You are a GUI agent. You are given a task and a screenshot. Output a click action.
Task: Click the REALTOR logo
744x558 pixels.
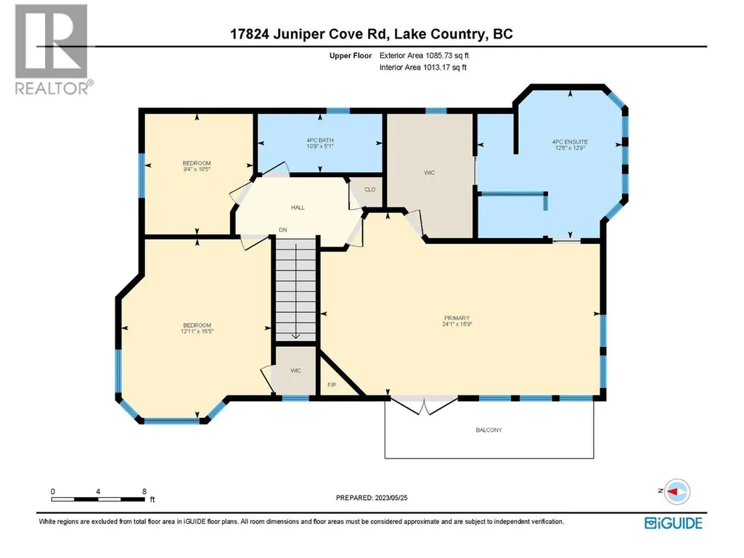[x=52, y=49]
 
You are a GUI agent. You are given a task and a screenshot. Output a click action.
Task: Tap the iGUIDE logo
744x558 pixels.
[x=674, y=523]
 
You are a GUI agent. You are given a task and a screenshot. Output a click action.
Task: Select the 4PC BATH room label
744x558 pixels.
[x=320, y=141]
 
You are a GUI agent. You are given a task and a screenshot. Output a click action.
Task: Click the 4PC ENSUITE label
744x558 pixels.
[x=570, y=142]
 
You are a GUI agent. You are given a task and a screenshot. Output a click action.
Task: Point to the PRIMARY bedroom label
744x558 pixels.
[x=457, y=318]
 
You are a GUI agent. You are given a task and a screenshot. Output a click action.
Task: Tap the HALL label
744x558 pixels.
[x=298, y=208]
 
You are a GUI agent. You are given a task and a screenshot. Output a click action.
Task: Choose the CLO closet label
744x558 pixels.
[x=370, y=189]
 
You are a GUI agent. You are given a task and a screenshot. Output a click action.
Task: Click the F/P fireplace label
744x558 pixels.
[x=332, y=385]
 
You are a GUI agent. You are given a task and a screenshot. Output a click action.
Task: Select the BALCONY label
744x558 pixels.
[x=488, y=430]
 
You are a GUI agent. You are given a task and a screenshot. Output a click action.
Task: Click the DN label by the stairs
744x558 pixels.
[x=283, y=229]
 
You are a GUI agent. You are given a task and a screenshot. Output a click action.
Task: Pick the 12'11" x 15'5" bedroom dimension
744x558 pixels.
[x=197, y=331]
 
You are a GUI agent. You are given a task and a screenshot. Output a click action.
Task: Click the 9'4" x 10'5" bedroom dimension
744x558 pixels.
[x=197, y=169]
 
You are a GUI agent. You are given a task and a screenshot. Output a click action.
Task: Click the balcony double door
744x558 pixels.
[x=424, y=406]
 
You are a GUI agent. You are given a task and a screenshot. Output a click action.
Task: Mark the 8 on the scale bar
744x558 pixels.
[x=144, y=491]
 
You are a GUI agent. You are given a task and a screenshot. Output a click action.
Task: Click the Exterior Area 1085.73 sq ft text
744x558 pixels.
[x=424, y=56]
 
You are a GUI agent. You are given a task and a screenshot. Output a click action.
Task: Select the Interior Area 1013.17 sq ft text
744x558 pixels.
[x=422, y=67]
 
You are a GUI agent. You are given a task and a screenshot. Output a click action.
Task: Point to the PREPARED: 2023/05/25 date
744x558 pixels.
[x=372, y=498]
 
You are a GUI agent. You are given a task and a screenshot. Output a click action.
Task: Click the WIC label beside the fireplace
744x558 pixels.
[x=295, y=371]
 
